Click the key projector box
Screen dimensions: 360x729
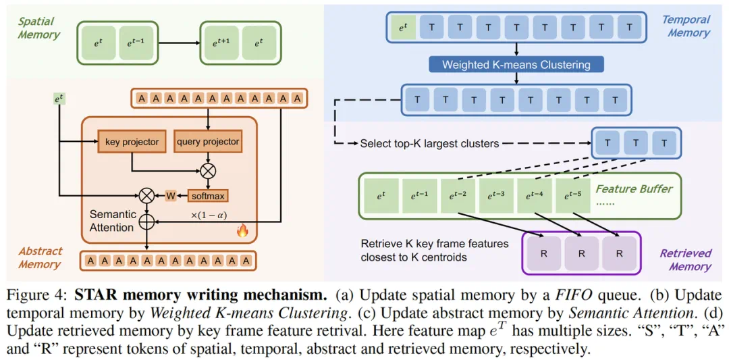tap(132, 142)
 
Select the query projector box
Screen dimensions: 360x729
tap(208, 142)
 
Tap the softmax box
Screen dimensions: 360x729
tap(208, 196)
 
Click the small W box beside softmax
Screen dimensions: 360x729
tap(171, 196)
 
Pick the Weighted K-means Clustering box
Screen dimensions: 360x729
tap(516, 65)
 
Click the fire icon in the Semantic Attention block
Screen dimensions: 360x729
tap(242, 230)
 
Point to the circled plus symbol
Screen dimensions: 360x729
tap(146, 220)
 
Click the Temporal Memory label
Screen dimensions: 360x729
tap(686, 26)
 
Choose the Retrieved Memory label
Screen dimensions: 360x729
tap(685, 259)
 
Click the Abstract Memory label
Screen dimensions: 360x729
tap(40, 257)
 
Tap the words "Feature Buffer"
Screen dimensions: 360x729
tap(634, 188)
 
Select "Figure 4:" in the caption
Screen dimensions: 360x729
tap(37, 296)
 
